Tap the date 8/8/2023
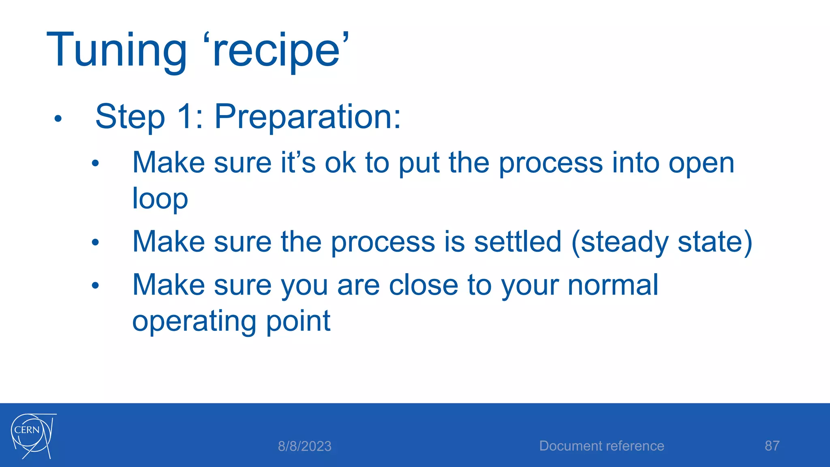pos(304,446)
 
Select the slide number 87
pos(772,446)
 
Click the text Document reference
pos(601,446)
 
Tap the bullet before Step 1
pos(58,119)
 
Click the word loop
pos(160,199)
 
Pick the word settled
pos(518,242)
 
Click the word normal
pos(613,285)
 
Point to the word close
pos(423,285)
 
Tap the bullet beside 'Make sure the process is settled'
pos(95,243)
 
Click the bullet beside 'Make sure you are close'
pos(95,286)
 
